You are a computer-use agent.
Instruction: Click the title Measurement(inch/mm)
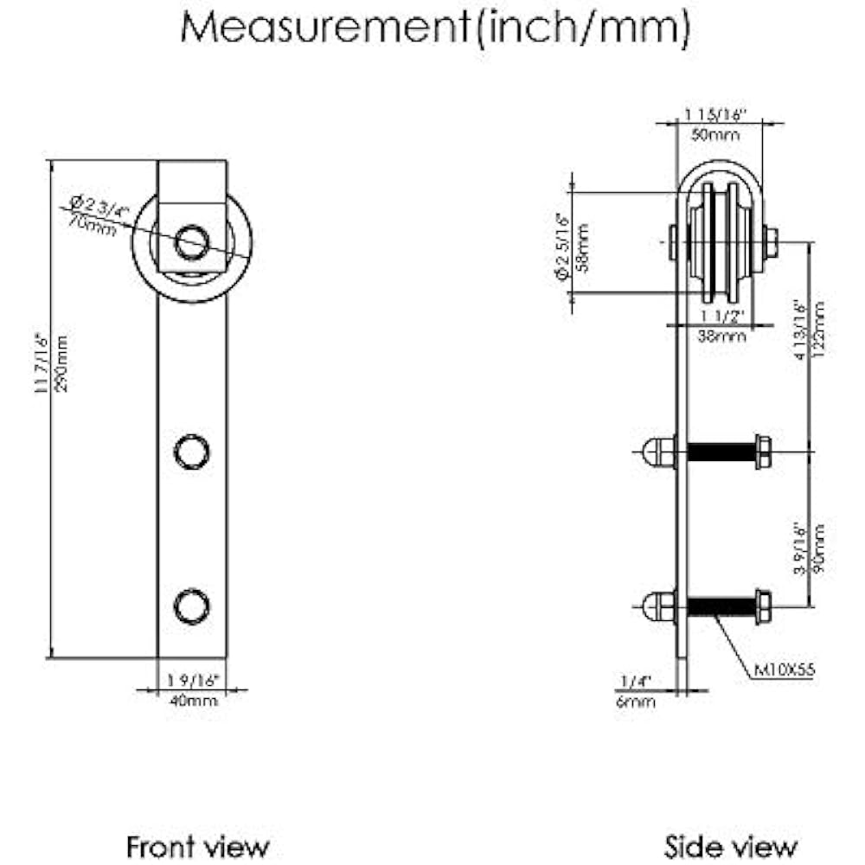[435, 29]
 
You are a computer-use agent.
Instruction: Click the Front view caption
[198, 845]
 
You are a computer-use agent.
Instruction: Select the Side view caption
[730, 845]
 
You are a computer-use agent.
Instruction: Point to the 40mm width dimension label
[192, 701]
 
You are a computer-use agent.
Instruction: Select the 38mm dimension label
[721, 337]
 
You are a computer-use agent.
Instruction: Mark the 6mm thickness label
[637, 702]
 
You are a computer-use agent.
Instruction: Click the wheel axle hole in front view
[191, 241]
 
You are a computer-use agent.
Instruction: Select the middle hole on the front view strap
[191, 451]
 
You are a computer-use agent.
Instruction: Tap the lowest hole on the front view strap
[191, 605]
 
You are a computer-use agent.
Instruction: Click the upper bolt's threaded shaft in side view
[721, 452]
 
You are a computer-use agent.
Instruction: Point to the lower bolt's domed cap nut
[657, 605]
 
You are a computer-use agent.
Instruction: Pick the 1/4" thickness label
[636, 682]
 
